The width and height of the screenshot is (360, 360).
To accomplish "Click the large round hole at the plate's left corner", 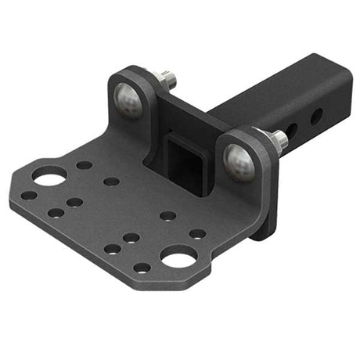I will tap(49, 177).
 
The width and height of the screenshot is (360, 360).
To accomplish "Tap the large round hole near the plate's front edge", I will tap(178, 254).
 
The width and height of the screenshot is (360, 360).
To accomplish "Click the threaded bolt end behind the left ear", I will tap(166, 78).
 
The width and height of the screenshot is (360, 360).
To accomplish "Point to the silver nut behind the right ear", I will tap(278, 140).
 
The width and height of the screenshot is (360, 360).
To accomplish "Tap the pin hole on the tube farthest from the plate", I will tap(316, 116).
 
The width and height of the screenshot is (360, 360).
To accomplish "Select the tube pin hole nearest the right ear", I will tap(290, 131).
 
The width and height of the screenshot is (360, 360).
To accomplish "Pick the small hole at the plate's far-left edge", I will tap(29, 196).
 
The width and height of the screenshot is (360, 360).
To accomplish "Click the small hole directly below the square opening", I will tap(167, 215).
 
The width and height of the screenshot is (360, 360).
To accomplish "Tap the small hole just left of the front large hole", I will tap(142, 267).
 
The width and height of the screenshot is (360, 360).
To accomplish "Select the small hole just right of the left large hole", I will tap(84, 165).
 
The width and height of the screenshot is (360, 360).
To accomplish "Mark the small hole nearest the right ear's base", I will tap(198, 233).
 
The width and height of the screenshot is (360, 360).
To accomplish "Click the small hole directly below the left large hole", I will tap(56, 212).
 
